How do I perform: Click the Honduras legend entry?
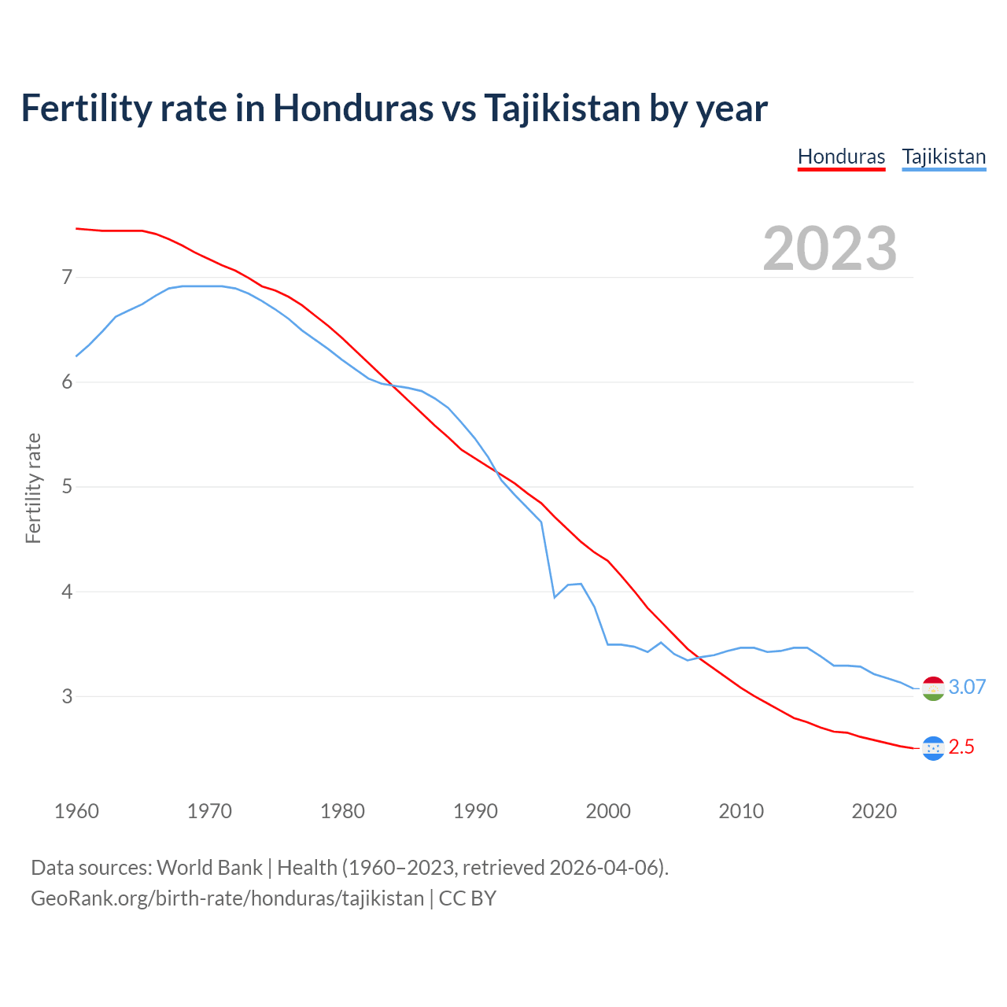point(841,157)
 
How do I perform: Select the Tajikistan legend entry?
point(943,157)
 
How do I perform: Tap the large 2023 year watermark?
point(829,249)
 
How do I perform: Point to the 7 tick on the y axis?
point(67,277)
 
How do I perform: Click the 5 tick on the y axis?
point(67,486)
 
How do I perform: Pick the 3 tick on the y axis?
point(67,696)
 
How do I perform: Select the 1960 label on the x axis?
point(76,811)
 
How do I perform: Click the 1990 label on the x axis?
point(475,811)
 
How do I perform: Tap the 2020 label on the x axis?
point(874,811)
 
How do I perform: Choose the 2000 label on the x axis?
point(608,811)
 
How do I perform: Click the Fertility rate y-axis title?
point(33,488)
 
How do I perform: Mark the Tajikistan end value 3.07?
point(967,687)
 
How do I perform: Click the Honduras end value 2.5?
point(961,747)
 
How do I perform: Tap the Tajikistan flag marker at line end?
point(933,688)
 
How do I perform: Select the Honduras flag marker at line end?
point(933,748)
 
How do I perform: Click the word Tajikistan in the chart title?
point(562,109)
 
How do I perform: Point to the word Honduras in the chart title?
point(352,109)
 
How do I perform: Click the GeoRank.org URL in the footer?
point(227,898)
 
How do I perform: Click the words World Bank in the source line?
point(209,868)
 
